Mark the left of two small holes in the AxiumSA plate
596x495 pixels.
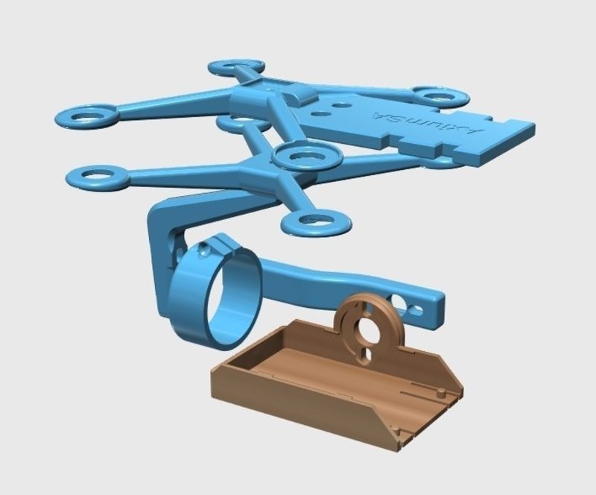[x=320, y=114]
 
